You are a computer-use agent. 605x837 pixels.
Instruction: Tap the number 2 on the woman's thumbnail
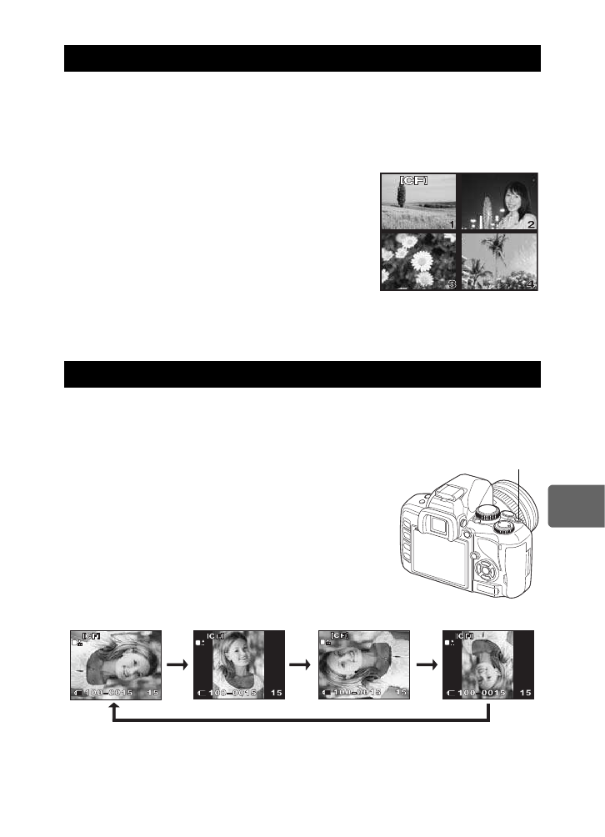click(x=531, y=223)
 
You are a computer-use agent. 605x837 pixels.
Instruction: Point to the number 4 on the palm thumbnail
click(x=531, y=284)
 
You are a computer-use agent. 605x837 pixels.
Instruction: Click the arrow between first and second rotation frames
click(x=176, y=665)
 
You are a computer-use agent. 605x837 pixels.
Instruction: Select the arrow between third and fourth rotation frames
click(x=426, y=665)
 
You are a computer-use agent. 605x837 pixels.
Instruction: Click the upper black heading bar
click(x=302, y=59)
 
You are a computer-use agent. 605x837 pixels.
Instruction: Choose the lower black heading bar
click(x=302, y=374)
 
